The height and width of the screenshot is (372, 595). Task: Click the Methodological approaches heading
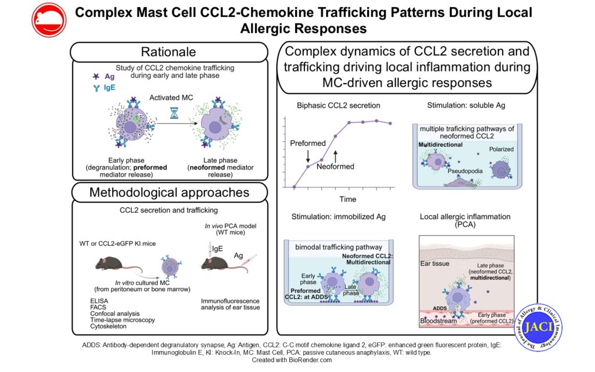click(x=169, y=192)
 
